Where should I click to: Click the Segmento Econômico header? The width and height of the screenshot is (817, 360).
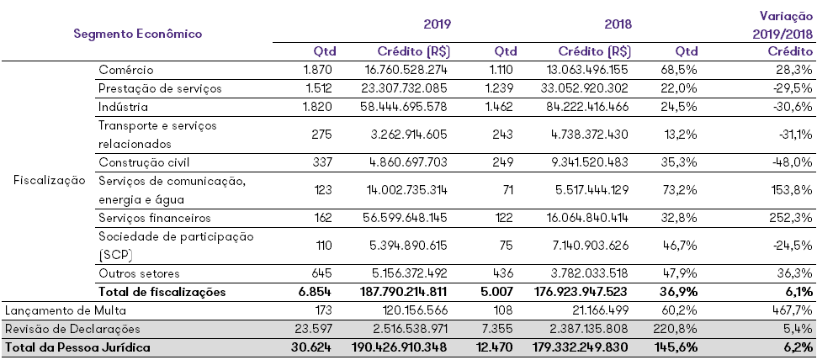point(138,34)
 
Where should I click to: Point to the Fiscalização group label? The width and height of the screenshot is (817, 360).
point(50,180)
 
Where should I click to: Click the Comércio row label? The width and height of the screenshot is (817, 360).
point(126,69)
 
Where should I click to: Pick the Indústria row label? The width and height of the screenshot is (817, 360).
point(123,107)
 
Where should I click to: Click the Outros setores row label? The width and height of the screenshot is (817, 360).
point(139,273)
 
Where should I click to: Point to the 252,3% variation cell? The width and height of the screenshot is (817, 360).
point(792,218)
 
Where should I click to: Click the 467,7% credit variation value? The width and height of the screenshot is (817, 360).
point(792,310)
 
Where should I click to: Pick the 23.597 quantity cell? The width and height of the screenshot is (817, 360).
point(316,329)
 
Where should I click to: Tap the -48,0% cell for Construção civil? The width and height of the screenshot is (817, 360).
point(792,161)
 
